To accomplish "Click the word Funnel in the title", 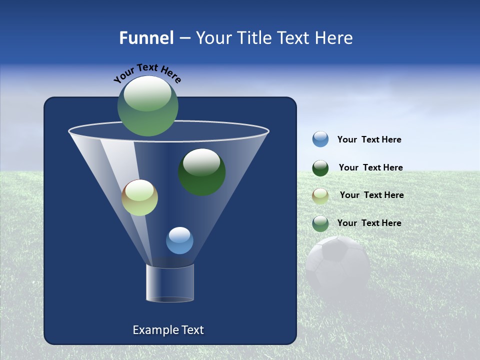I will click(x=146, y=38).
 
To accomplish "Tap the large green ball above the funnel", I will click(x=148, y=106).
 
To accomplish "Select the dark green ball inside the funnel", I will click(x=202, y=172).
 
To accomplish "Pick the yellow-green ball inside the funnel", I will click(x=139, y=197).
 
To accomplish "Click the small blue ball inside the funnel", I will click(x=179, y=240).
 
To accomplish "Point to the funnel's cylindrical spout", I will click(x=170, y=283).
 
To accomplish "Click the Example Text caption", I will click(x=168, y=330).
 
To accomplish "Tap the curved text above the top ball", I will click(x=147, y=72).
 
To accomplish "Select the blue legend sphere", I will click(x=320, y=139).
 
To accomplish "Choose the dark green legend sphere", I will click(x=320, y=168).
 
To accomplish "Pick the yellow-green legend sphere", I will click(x=320, y=195).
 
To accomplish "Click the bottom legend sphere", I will click(x=320, y=223).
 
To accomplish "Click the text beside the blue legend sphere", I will click(x=369, y=140).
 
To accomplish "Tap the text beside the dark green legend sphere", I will click(x=370, y=168).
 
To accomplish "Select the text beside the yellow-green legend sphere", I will click(x=371, y=195).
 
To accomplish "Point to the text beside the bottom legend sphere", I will click(x=369, y=223).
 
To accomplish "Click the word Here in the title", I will click(x=334, y=38).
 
